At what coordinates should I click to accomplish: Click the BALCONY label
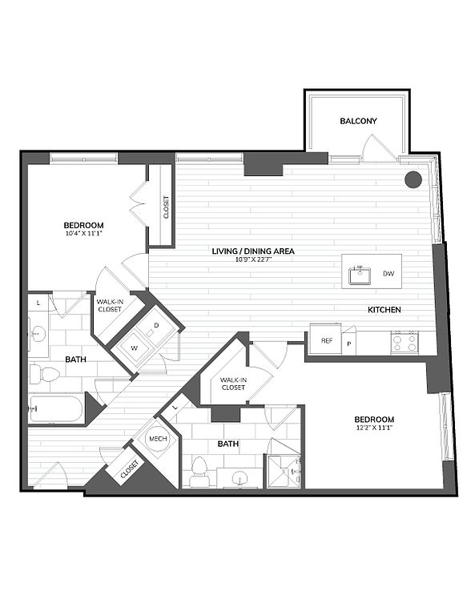click(x=358, y=121)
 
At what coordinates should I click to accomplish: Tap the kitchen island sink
click(x=360, y=275)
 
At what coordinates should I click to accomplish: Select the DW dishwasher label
click(x=388, y=273)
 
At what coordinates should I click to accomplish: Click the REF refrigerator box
click(x=325, y=340)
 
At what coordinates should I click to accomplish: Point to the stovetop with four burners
click(x=405, y=343)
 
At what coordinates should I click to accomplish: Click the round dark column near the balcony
click(x=413, y=179)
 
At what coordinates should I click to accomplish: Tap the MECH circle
click(x=158, y=439)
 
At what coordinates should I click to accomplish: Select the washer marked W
click(x=134, y=348)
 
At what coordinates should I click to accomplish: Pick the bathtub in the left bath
click(x=56, y=409)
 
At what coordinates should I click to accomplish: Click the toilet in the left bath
click(x=44, y=374)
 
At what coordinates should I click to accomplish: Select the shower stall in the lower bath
click(x=284, y=471)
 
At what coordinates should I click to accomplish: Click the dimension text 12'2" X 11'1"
click(x=374, y=428)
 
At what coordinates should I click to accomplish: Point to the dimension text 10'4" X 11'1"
click(x=83, y=233)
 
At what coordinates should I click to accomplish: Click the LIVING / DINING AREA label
click(x=253, y=251)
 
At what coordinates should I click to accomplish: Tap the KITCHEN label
click(x=384, y=310)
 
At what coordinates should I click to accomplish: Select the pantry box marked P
click(x=348, y=344)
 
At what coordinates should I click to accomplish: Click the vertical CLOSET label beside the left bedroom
click(x=166, y=207)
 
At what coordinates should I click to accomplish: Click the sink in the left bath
click(x=38, y=333)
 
